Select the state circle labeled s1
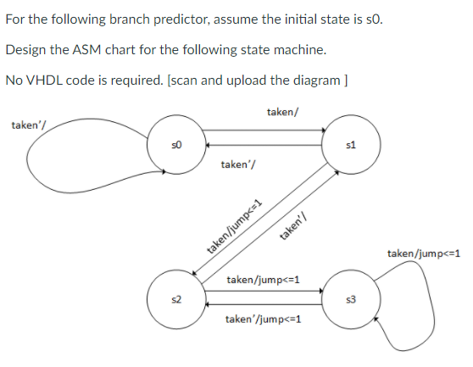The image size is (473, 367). (350, 144)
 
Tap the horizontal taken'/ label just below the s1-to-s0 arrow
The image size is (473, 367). (234, 164)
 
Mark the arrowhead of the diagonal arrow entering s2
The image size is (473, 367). (196, 276)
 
